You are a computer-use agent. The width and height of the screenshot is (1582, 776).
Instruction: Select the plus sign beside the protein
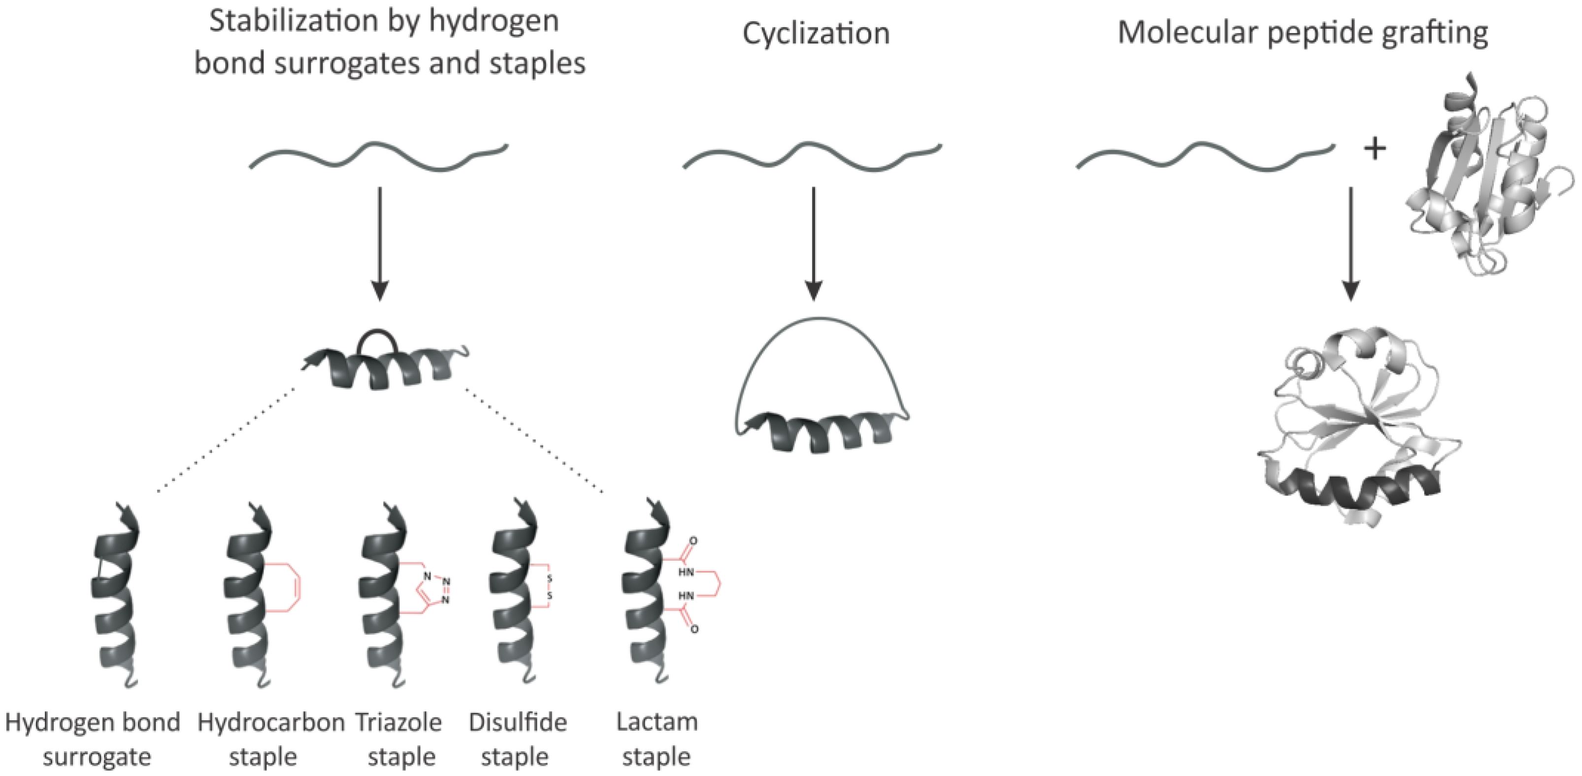pyautogui.click(x=1375, y=149)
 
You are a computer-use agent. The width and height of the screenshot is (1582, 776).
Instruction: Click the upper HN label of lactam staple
pyautogui.click(x=686, y=572)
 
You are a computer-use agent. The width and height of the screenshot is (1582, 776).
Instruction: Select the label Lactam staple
pyautogui.click(x=657, y=739)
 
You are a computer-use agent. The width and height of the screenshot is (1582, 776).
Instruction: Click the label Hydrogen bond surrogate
pyautogui.click(x=94, y=739)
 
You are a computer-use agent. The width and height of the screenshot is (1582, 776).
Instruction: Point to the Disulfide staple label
pyautogui.click(x=517, y=739)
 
